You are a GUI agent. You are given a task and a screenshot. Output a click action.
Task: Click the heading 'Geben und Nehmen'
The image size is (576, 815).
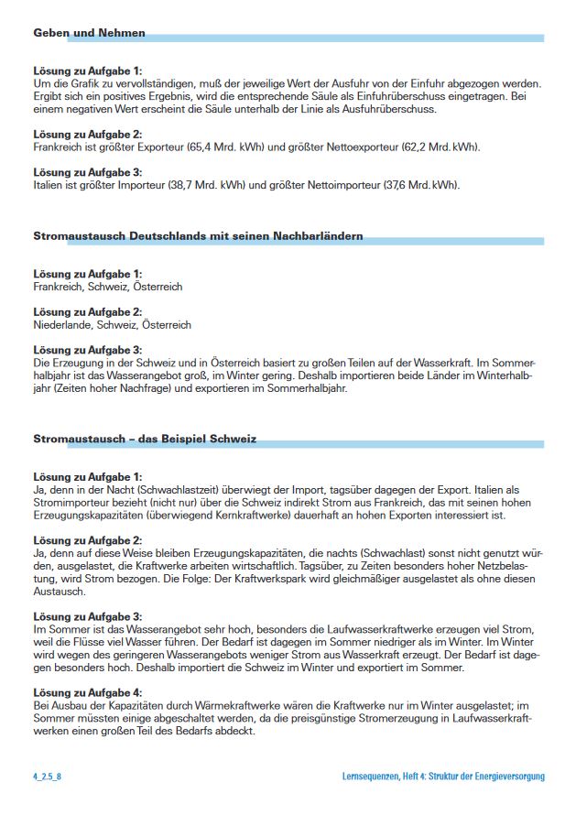pyautogui.click(x=89, y=33)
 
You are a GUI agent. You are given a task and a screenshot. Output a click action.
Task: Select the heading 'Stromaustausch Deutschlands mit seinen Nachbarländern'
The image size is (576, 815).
pyautogui.click(x=198, y=236)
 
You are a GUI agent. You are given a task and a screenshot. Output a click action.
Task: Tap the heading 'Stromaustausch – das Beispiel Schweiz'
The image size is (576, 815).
pyautogui.click(x=145, y=440)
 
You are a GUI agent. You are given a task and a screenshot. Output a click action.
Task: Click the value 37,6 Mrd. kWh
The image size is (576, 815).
pyautogui.click(x=420, y=185)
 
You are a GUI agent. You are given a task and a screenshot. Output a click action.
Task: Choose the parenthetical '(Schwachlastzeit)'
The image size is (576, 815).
pyautogui.click(x=160, y=489)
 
